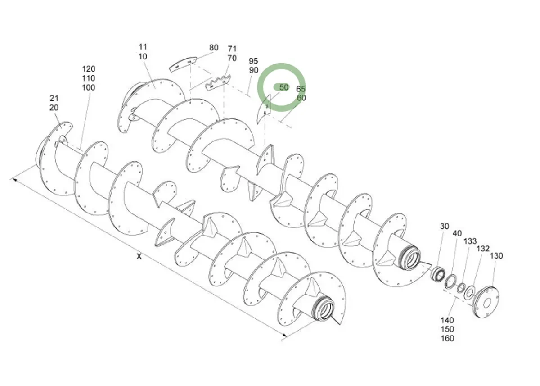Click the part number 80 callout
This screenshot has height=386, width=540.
[x=214, y=48]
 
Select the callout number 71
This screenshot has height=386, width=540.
[x=232, y=49]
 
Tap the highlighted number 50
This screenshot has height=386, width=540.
[x=283, y=87]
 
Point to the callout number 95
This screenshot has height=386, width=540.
[x=253, y=61]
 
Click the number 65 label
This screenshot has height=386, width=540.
[x=301, y=89]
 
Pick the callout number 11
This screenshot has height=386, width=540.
[x=143, y=47]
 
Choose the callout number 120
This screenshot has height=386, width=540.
[x=89, y=69]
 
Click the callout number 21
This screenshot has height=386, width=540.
[x=54, y=98]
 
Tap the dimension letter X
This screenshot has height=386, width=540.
[x=139, y=257]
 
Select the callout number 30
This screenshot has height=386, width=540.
[x=445, y=227]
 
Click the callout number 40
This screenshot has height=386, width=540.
[x=457, y=233]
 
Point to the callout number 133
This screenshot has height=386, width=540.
[x=470, y=241]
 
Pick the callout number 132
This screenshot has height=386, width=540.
[x=483, y=249]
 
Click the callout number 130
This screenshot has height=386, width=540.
[x=496, y=256]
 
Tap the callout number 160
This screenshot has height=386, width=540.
[x=448, y=338]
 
